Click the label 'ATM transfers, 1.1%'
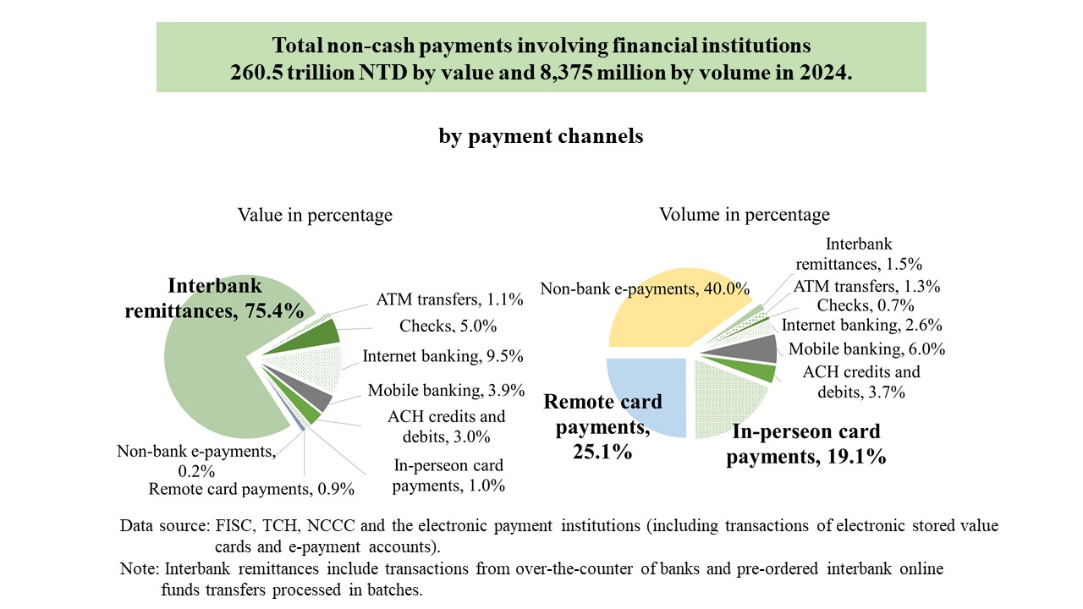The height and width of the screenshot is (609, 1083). click(x=449, y=299)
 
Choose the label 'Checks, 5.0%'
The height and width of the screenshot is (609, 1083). click(x=448, y=326)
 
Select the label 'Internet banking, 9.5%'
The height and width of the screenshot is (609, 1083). click(x=443, y=356)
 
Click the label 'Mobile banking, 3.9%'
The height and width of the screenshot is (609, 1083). click(x=446, y=390)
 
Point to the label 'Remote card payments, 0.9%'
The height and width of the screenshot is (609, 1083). click(x=251, y=489)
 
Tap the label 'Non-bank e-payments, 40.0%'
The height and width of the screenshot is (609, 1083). click(x=645, y=288)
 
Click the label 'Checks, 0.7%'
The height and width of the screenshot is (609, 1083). click(x=866, y=305)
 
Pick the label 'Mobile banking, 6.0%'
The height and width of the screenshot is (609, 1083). click(x=866, y=349)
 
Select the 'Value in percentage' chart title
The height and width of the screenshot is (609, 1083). click(x=315, y=215)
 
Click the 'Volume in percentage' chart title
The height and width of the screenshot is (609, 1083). click(x=745, y=215)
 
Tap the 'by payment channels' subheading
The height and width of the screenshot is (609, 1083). click(x=541, y=136)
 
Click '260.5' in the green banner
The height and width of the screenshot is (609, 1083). click(x=256, y=73)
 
